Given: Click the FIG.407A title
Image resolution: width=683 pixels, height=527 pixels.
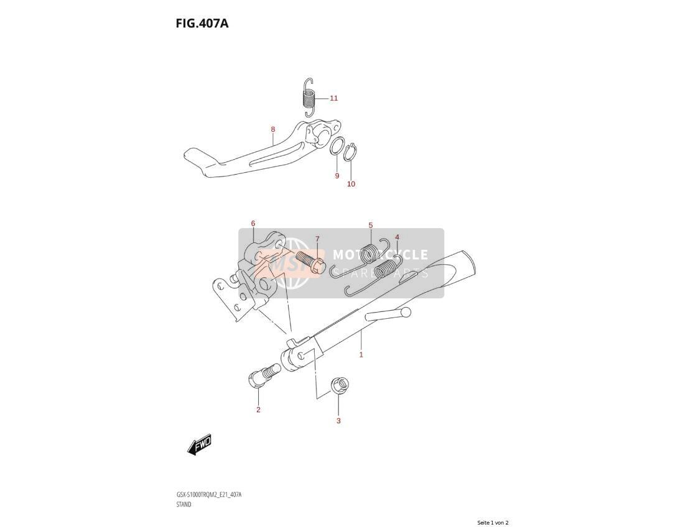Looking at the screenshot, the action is coord(202,23).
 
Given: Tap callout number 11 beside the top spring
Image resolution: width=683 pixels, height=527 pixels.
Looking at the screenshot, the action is coord(333,98).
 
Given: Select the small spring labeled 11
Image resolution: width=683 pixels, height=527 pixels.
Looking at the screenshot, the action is coord(309,98).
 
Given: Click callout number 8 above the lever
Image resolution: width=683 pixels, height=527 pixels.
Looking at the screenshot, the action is coord(272,129).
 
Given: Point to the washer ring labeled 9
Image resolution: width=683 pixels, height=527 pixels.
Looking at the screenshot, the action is coord(337,146).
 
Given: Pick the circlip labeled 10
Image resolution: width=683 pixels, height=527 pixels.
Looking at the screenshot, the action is coord(351,152).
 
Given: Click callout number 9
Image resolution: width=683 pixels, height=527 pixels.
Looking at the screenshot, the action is coord(337,176).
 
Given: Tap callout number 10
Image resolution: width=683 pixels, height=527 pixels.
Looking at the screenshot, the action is coord(351,184).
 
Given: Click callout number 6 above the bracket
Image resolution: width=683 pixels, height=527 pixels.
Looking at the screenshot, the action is coord(253,224).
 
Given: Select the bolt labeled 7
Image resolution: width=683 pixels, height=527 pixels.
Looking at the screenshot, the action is coord(309,260).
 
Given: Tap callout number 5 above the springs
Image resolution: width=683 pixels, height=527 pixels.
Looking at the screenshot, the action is coord(371,226).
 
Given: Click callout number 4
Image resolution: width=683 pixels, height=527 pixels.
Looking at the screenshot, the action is coord(397,237).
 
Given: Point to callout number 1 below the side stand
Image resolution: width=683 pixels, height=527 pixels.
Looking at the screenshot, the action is coord(361,355).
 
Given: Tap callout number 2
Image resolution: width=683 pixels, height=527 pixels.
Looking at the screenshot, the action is coord(258,410).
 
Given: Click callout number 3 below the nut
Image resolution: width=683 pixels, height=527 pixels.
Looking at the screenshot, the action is coord(338,421).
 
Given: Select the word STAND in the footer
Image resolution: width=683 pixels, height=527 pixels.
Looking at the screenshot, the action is coord(184,505).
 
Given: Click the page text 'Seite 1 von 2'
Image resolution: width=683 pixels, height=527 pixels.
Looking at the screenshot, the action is coord(493,523).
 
